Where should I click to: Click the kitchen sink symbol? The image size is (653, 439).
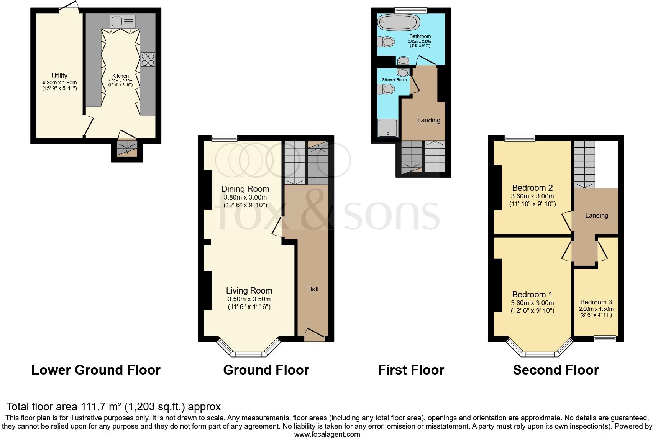pos(123,21)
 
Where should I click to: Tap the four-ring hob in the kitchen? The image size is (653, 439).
pos(148,59)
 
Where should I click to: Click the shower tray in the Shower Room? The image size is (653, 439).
pos(388,128)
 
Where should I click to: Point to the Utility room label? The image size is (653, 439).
pos(59,76)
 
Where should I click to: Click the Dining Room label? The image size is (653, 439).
pos(245,189)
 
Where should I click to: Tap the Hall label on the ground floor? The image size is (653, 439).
pos(313,289)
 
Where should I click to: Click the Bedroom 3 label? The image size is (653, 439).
pos(596,302)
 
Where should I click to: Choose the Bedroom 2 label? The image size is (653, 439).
pos(532,188)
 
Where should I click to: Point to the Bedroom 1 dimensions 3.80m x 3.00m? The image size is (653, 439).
pos(532,303)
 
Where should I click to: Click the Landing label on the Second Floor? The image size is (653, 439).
pos(596,215)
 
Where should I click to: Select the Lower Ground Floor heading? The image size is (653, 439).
pos(96,370)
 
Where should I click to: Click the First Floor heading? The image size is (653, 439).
pos(411,370)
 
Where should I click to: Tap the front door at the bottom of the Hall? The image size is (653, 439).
pos(314,335)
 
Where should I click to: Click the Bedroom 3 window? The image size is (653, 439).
pos(605,338)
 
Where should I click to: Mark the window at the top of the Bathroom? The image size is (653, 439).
pos(411,10)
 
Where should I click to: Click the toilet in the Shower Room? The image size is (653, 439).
pos(386,89)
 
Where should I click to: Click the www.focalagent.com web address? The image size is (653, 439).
pos(327,434)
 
